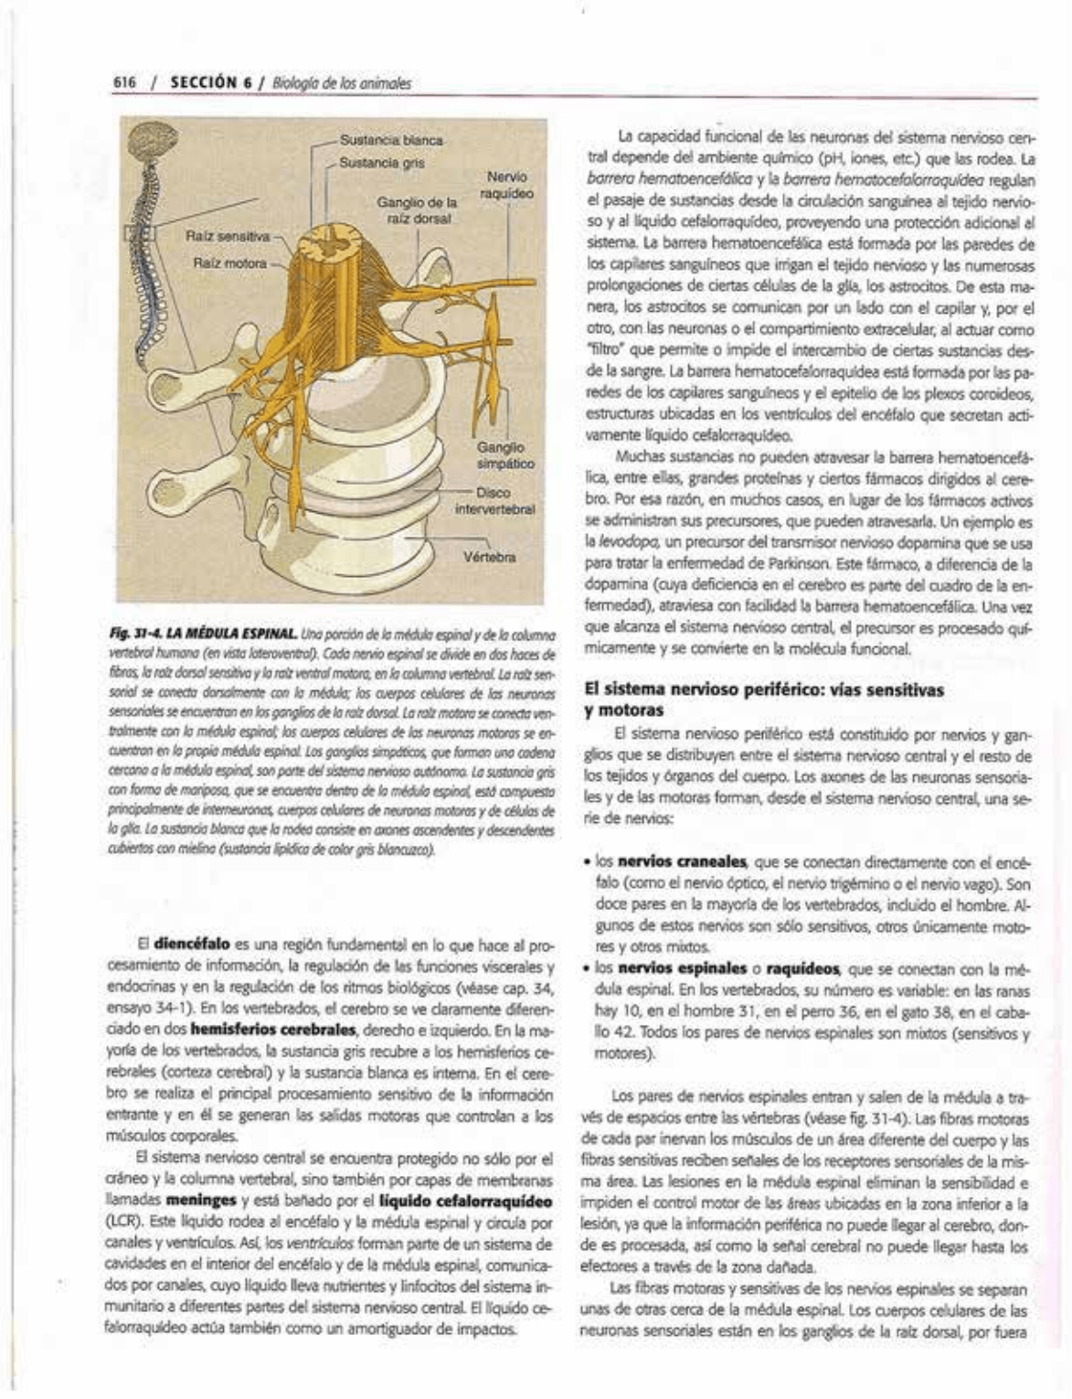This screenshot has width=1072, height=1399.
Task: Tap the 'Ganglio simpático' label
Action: [x=504, y=455]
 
